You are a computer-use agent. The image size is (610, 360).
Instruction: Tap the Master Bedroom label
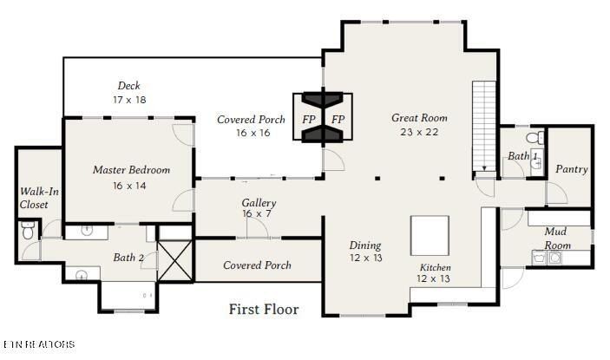pyautogui.click(x=131, y=170)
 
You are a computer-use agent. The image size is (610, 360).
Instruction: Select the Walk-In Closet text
pyautogui.click(x=34, y=198)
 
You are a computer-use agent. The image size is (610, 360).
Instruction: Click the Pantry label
pyautogui.click(x=571, y=169)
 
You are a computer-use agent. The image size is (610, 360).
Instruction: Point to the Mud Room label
pyautogui.click(x=556, y=239)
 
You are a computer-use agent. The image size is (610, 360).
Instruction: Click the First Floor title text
pyautogui.click(x=264, y=309)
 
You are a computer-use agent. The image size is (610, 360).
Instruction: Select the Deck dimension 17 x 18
pyautogui.click(x=129, y=100)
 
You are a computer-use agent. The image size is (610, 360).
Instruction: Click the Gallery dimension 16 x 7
pyautogui.click(x=259, y=214)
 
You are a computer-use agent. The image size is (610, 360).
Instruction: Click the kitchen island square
pyautogui.click(x=430, y=234)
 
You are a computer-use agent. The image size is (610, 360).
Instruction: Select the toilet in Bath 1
pyautogui.click(x=537, y=136)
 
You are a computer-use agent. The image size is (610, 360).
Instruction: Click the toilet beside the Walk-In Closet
pyautogui.click(x=27, y=232)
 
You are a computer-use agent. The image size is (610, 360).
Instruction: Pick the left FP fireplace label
pyautogui.click(x=309, y=119)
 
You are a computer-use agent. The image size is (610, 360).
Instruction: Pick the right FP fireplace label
pyautogui.click(x=338, y=119)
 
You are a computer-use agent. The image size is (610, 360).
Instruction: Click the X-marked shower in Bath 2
pyautogui.click(x=174, y=261)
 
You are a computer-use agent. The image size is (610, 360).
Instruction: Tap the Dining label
pyautogui.click(x=364, y=245)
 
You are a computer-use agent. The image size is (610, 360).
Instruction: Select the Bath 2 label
pyautogui.click(x=128, y=258)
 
